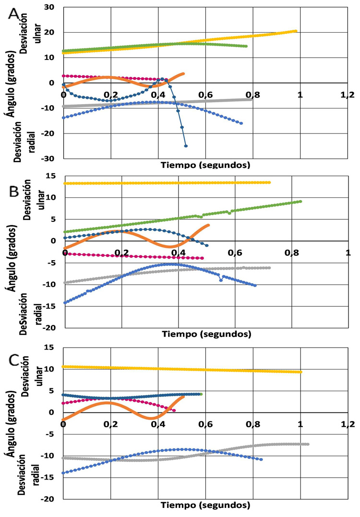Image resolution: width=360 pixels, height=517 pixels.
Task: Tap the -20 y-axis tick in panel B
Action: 48,328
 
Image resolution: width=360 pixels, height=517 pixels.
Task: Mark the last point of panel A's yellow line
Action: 296,31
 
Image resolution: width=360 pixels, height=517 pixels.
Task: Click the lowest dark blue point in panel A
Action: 186,146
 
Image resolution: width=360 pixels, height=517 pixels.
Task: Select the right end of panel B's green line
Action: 300,201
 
